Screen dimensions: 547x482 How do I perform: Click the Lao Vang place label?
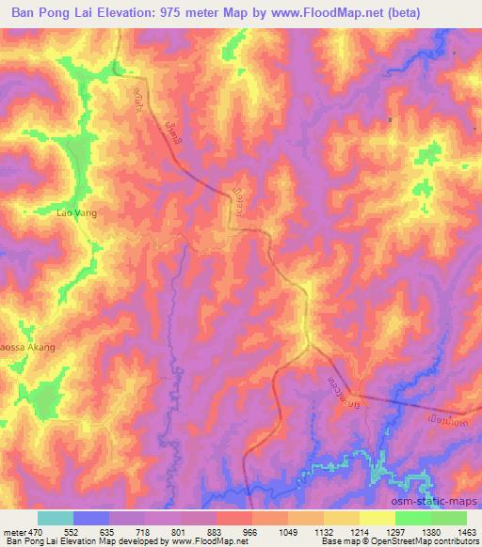[x=77, y=213]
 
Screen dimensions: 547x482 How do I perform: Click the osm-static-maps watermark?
[x=442, y=502]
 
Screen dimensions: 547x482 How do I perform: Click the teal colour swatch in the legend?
[x=56, y=518]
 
